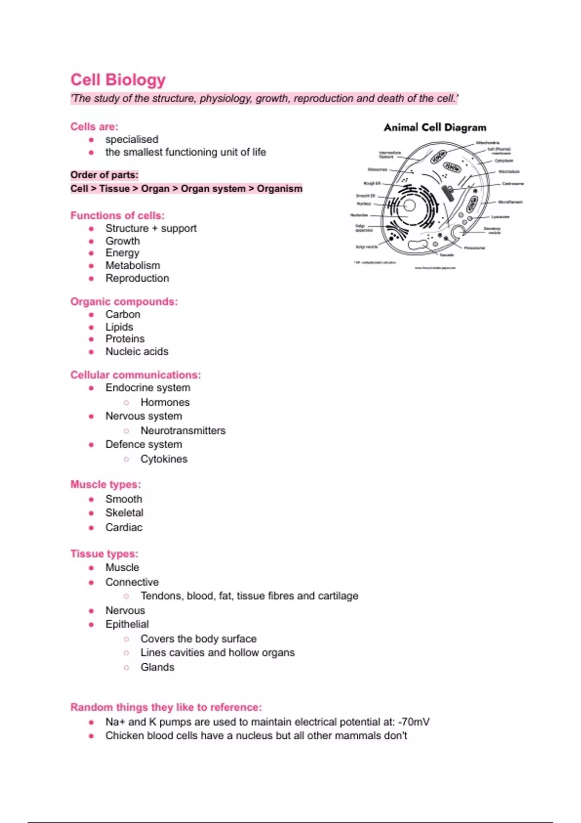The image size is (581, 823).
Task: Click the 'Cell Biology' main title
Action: [118, 80]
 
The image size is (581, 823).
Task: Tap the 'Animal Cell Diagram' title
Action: [435, 128]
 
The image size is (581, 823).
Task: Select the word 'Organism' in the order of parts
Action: [279, 189]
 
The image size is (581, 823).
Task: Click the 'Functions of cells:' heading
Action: [118, 215]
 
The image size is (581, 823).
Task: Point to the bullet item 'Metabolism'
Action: [133, 266]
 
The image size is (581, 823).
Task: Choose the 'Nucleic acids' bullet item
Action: [137, 351]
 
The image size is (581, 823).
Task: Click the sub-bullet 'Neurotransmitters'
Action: [183, 431]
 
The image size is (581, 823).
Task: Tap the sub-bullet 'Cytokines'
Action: [164, 459]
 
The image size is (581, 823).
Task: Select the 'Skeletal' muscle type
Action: [124, 513]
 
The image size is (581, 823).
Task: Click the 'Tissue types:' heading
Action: [104, 554]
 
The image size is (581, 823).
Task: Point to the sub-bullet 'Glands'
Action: [157, 667]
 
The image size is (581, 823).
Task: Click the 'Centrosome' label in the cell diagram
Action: [512, 184]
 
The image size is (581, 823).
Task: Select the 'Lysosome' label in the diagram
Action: [500, 217]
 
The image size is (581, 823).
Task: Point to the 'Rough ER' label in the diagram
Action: [372, 183]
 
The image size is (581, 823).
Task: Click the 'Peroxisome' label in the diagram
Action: [474, 248]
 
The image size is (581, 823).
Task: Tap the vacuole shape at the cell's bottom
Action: [417, 245]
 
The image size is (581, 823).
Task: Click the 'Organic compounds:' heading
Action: [124, 302]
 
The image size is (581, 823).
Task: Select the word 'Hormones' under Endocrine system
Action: [165, 402]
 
